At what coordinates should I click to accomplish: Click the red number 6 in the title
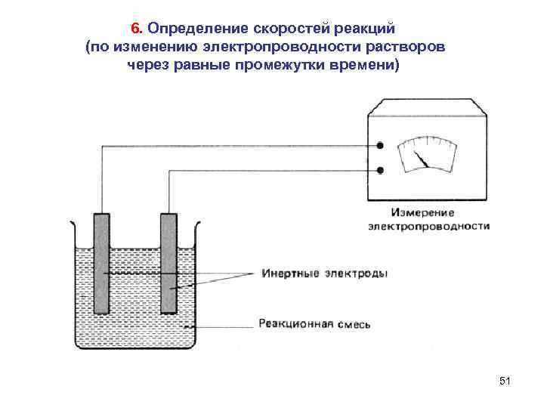[135, 29]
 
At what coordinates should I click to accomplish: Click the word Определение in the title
[192, 29]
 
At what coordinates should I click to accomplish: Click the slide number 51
[505, 382]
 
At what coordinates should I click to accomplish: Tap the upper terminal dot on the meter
[381, 146]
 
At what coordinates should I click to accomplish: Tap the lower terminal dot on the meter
[381, 171]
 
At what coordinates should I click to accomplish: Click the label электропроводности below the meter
[428, 226]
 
